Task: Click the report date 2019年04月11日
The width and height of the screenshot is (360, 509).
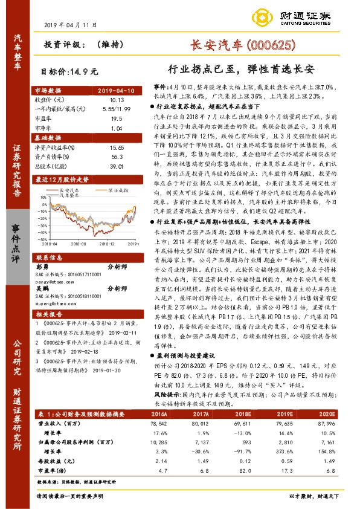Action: (x=71, y=26)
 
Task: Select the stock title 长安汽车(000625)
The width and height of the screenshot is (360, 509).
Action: (x=243, y=45)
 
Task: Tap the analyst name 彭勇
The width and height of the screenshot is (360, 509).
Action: (x=42, y=265)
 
